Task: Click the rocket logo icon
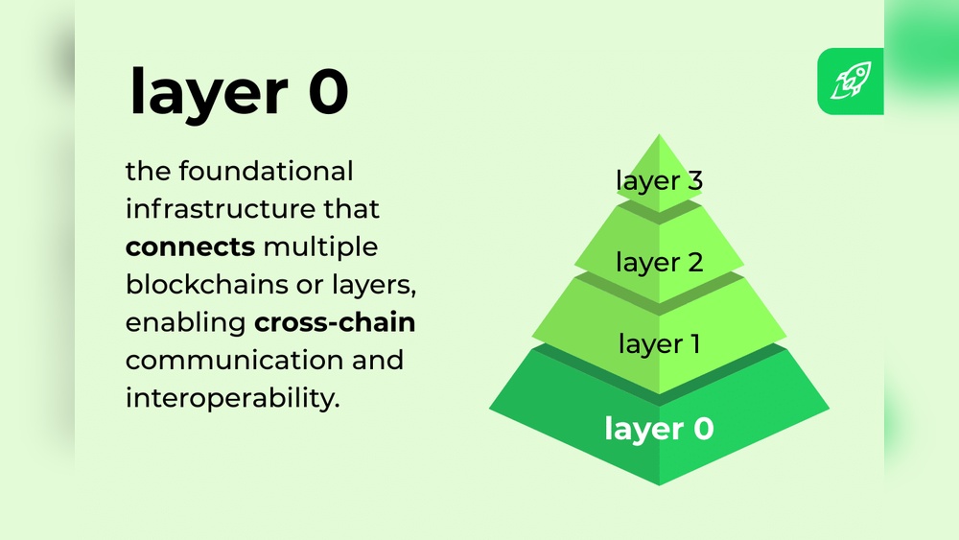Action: [851, 81]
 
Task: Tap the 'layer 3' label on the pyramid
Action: [660, 179]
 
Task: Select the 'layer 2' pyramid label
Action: [660, 262]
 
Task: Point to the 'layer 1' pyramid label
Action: [660, 342]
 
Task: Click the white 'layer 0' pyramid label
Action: [660, 429]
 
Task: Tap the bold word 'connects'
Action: [190, 247]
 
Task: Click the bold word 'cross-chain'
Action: [335, 322]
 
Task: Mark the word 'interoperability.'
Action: [233, 398]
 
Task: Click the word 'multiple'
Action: [320, 247]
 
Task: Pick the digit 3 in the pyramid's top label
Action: [693, 179]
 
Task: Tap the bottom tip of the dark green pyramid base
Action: [660, 483]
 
